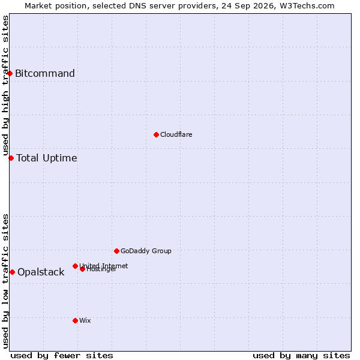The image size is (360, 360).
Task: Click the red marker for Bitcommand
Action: coord(10,74)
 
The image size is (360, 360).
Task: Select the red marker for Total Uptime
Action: coord(11,158)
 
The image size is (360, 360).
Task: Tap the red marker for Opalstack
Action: coord(13,272)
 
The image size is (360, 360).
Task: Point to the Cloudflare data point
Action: coord(157,135)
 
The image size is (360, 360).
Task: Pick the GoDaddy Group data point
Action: coord(116,251)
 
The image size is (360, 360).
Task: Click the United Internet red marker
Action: coord(75,266)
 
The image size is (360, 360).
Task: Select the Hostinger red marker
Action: coord(82,269)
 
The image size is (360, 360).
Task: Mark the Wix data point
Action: coord(75,321)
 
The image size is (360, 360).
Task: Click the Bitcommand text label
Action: coord(45,73)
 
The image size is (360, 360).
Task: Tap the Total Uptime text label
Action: coord(47,158)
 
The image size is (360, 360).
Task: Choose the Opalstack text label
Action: coord(41,272)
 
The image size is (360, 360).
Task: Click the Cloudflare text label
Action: coord(176,134)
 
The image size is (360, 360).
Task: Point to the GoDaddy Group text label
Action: coord(146,251)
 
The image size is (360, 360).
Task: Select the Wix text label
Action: coord(85,320)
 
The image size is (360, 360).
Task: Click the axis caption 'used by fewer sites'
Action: coord(62,356)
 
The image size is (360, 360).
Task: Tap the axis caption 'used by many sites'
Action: coord(301,356)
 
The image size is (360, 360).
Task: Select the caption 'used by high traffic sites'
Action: coord(5,85)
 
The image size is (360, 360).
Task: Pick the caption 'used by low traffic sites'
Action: coord(5,282)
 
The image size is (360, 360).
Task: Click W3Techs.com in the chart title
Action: coord(307,6)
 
